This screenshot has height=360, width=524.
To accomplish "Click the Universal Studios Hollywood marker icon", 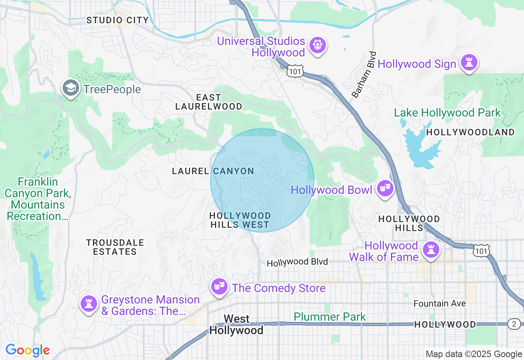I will [x=317, y=45].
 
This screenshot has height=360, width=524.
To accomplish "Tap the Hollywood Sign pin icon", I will [x=469, y=63].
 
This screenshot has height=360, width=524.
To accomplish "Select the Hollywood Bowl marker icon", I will [x=385, y=189].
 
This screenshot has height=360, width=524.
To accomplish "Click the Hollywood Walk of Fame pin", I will [x=431, y=249].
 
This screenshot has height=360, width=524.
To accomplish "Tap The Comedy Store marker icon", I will [x=219, y=287].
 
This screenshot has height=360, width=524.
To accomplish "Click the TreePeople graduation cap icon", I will [x=71, y=88].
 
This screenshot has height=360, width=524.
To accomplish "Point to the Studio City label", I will [x=117, y=20].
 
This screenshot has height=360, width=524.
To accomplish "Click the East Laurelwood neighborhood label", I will [x=209, y=102].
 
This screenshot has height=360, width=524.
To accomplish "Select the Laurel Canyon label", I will [x=213, y=171].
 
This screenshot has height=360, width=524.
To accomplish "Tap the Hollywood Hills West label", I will [x=240, y=220].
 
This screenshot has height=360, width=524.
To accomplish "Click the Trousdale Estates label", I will [x=115, y=247].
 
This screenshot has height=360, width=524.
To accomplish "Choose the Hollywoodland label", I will [x=470, y=132].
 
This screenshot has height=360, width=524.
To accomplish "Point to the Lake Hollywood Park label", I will [x=447, y=112].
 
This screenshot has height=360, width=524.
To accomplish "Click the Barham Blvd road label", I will [x=364, y=74].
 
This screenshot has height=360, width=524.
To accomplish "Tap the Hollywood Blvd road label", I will [x=297, y=262].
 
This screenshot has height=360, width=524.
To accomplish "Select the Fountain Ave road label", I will [x=440, y=304].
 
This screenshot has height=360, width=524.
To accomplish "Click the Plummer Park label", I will [x=330, y=317].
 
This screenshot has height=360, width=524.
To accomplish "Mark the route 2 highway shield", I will [x=514, y=324].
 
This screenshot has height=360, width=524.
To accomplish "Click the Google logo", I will [x=27, y=350].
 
